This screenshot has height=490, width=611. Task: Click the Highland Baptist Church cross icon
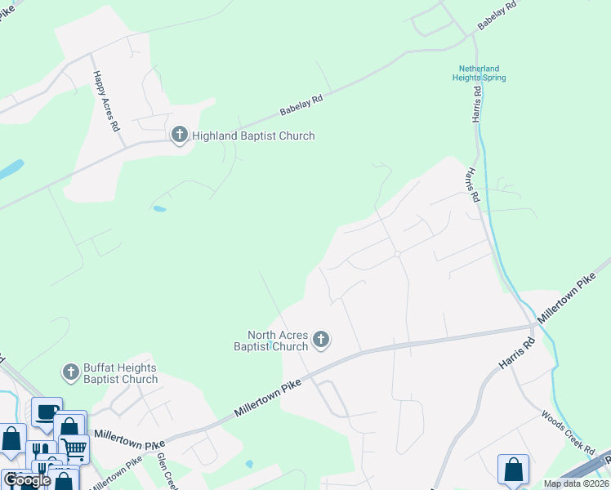point(180,136)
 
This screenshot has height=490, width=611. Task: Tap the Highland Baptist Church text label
point(253,136)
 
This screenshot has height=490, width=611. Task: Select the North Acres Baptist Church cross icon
point(321,340)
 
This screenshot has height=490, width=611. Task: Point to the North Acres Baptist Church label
point(279,341)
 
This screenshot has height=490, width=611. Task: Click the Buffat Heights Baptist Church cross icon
point(71,373)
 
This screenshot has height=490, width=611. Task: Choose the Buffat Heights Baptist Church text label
point(121,374)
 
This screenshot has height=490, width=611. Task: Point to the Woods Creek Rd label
point(568,432)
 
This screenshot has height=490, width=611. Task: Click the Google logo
point(28,479)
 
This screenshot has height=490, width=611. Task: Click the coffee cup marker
point(47,411)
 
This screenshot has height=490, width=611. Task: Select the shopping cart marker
point(74,448)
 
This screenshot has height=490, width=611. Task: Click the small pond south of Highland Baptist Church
point(159,209)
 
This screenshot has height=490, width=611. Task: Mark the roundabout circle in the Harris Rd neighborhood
point(397,254)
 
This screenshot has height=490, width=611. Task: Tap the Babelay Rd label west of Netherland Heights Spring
point(301,105)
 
